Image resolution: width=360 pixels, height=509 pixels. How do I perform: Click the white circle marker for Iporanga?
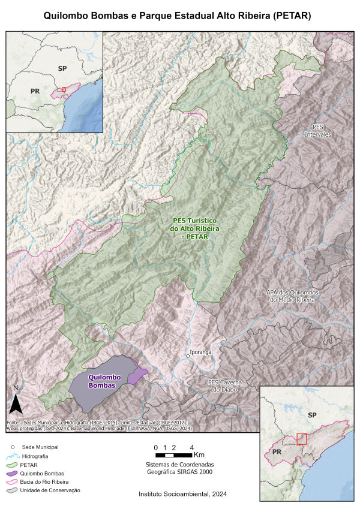click(x=188, y=356)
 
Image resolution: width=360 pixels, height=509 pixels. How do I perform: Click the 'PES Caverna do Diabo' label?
click(x=226, y=386)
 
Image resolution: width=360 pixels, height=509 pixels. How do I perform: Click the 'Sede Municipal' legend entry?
click(x=40, y=447)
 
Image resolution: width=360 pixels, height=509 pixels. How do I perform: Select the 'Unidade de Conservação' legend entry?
click(x=51, y=490)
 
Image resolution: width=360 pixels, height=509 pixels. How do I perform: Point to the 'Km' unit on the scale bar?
click(x=200, y=456)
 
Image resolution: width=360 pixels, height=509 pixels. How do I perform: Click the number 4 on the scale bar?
click(x=191, y=448)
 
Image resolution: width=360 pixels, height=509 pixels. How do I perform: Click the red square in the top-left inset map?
click(x=64, y=89)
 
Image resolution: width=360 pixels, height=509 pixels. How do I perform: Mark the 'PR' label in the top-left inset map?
click(x=35, y=91)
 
